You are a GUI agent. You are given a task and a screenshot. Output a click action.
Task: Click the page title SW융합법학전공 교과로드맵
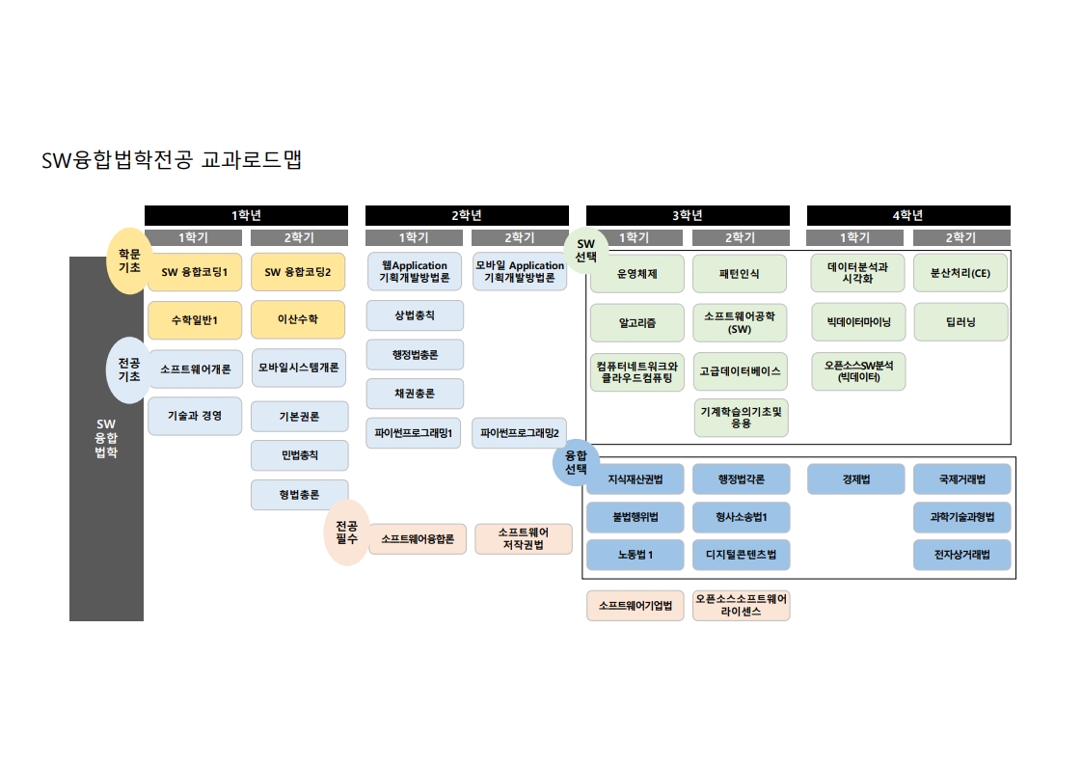[x=172, y=160]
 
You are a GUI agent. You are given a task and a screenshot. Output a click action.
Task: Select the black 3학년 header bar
[x=688, y=215]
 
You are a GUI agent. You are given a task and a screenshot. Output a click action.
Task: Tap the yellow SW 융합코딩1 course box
[x=194, y=272]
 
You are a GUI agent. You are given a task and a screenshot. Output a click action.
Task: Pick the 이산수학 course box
[x=299, y=319]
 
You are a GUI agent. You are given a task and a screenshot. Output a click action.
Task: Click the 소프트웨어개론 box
[x=194, y=369]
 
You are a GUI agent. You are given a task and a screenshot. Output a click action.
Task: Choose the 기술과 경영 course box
[x=194, y=416]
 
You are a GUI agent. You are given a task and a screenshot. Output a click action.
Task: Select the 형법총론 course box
[x=299, y=495]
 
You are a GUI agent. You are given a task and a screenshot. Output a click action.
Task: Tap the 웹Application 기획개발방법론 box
[x=415, y=272]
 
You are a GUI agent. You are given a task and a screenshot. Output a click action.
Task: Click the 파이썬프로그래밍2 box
[x=521, y=433]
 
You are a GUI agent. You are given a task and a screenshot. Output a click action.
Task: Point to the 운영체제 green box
[x=636, y=274]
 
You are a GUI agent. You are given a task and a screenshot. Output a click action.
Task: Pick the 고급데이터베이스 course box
[x=741, y=370]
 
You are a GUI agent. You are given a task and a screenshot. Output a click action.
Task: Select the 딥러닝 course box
[x=960, y=322]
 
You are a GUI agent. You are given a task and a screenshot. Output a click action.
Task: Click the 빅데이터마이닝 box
[x=858, y=322]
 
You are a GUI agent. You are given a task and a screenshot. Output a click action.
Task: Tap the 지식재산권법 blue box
[x=636, y=479]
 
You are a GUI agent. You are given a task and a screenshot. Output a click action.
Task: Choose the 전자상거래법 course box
[x=961, y=555]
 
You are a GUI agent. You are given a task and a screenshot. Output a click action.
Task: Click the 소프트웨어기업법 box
[x=636, y=606]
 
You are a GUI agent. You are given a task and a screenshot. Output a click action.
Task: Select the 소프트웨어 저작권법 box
[x=524, y=539]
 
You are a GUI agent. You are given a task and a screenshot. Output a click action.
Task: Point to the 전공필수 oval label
[x=346, y=533]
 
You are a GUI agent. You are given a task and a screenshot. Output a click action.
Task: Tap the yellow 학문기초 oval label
[x=129, y=260]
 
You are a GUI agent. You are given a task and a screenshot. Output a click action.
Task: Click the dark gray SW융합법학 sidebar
[x=106, y=439]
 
